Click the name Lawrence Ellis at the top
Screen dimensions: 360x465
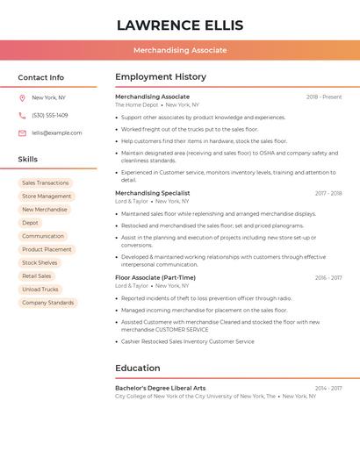tap(180, 25)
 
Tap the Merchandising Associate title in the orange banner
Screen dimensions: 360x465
tap(180, 50)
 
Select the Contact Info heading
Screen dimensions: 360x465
tap(41, 77)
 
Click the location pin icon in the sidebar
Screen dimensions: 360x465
tap(22, 98)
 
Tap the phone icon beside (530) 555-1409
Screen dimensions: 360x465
tap(22, 116)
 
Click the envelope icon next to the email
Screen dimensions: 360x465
tap(22, 133)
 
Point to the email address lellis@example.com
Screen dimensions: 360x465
tap(57, 133)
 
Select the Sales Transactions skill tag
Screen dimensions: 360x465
tap(46, 183)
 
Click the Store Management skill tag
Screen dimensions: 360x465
tap(47, 197)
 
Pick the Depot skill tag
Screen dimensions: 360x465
tap(31, 223)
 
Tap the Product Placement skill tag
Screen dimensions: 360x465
tap(47, 249)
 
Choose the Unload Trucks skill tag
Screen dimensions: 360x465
tap(40, 290)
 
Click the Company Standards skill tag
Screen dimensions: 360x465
tap(48, 303)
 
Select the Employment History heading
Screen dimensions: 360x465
tap(161, 76)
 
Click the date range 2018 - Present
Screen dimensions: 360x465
tap(324, 97)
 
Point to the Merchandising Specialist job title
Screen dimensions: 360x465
tap(153, 193)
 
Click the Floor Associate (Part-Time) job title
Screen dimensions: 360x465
tap(155, 278)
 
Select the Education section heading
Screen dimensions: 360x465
tap(138, 368)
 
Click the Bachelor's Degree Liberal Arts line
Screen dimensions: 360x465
tap(161, 388)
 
